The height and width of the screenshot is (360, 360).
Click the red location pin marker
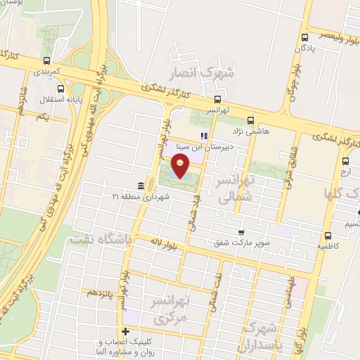[x=181, y=166]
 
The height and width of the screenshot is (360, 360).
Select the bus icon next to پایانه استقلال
[x=61, y=89]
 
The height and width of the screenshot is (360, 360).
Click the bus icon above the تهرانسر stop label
[x=217, y=99]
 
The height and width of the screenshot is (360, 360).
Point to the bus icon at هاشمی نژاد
[x=251, y=121]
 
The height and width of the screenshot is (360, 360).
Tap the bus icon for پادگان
[x=304, y=37]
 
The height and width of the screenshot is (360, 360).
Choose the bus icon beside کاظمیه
[x=328, y=236]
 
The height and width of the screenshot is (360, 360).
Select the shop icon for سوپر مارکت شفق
[x=241, y=232]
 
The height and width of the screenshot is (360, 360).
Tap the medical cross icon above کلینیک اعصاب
[x=126, y=331]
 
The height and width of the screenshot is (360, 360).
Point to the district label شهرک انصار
[x=203, y=73]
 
